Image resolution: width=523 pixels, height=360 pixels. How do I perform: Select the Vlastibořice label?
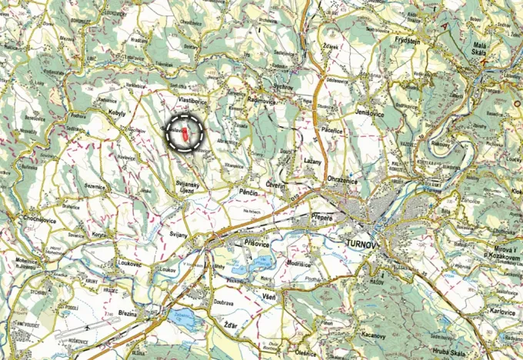(193, 101)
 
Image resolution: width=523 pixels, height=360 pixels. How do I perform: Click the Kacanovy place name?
(371, 336)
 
